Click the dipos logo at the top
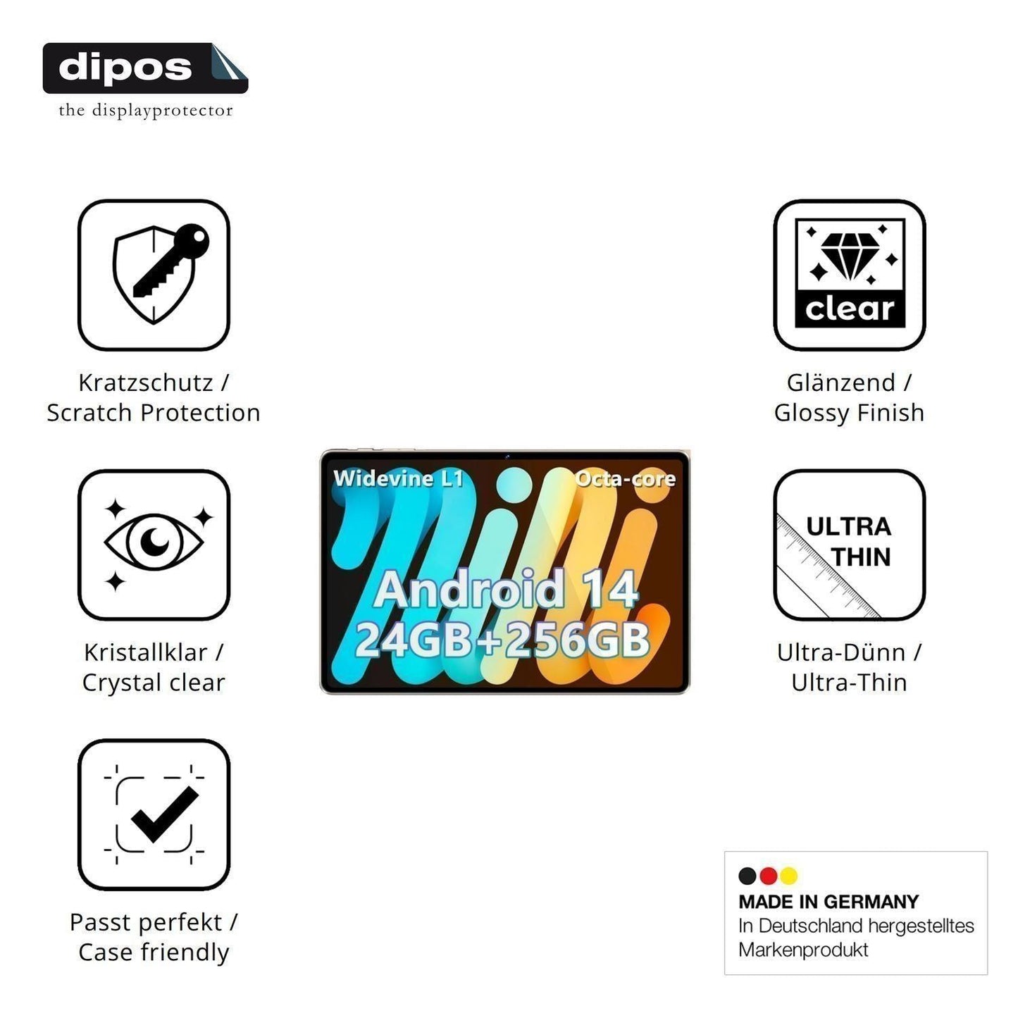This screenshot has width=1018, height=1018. click(x=145, y=68)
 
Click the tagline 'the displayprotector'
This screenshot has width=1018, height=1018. click(x=146, y=111)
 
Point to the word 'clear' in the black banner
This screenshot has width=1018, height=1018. click(x=850, y=309)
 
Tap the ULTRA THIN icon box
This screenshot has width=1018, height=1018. click(x=850, y=544)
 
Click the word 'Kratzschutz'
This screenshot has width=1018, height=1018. click(x=146, y=383)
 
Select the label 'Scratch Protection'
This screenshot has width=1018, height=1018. click(x=153, y=413)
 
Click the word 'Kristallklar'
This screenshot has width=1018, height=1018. click(x=146, y=652)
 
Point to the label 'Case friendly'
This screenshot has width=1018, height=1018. click(x=154, y=952)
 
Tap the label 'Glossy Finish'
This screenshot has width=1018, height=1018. click(x=850, y=413)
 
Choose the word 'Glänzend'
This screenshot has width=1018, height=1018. click(x=841, y=383)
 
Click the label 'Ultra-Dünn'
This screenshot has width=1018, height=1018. click(x=841, y=652)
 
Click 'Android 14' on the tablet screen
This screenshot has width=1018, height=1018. click(x=506, y=588)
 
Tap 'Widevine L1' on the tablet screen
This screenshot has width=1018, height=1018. click(x=398, y=478)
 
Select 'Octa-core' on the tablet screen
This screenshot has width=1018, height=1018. click(x=626, y=478)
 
